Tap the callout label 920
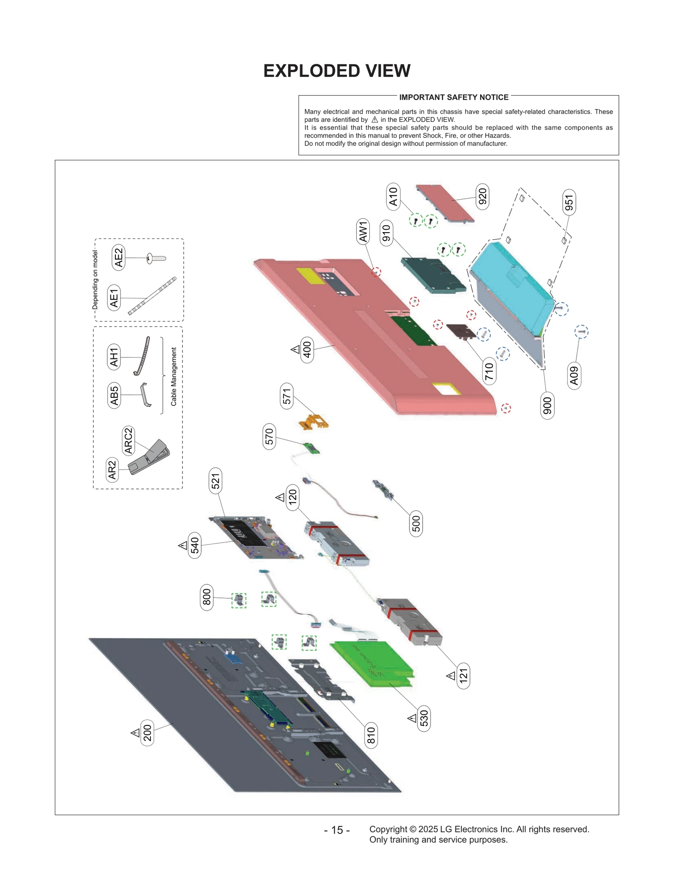(482, 197)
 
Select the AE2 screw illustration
(156, 258)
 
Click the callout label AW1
(363, 231)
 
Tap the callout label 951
(569, 203)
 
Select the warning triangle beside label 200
(135, 733)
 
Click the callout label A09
(574, 376)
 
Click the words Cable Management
(174, 377)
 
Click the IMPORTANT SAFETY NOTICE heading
(453, 97)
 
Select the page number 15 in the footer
(337, 830)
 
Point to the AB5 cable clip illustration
(145, 395)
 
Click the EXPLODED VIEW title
(337, 71)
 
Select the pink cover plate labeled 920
(444, 203)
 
